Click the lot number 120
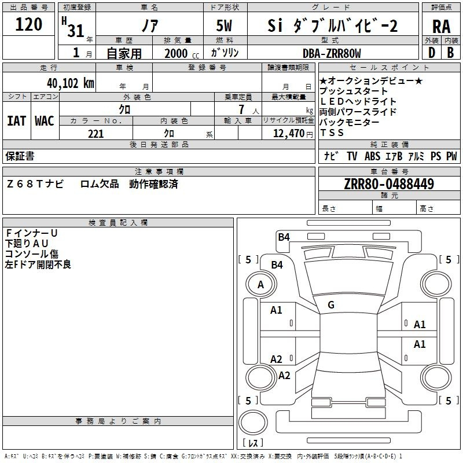point(28,24)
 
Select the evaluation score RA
point(441,27)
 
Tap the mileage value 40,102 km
point(71,83)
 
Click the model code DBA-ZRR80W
point(332,53)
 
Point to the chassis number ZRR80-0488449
point(389,183)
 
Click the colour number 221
point(95,134)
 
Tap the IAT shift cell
point(16,121)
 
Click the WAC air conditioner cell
point(45,121)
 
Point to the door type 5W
point(224,25)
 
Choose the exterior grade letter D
point(432,53)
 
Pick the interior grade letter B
point(450,53)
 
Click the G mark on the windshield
point(331,304)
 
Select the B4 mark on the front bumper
point(284,237)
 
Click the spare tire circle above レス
point(253,422)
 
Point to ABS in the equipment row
point(372,156)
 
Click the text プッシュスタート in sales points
point(353,91)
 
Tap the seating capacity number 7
point(241,109)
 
